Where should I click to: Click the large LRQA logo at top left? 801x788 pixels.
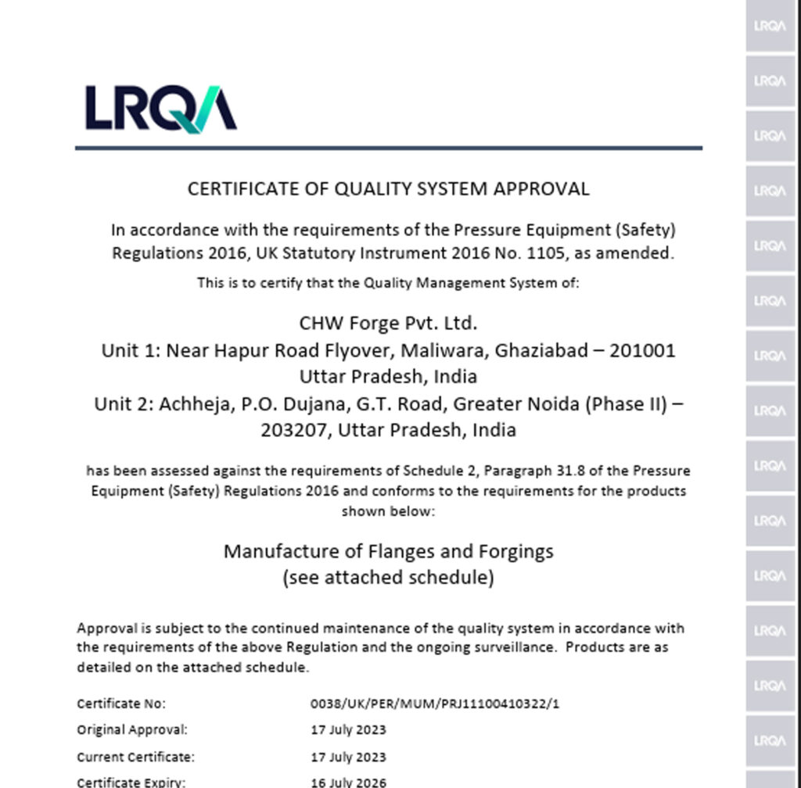(160, 108)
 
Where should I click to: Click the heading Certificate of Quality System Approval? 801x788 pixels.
(388, 188)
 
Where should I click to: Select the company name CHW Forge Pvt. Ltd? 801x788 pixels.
(388, 322)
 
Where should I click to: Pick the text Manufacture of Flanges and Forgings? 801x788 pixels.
(388, 551)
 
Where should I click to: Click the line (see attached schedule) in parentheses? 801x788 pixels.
(388, 578)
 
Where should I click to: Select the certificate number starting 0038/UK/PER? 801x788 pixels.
(435, 704)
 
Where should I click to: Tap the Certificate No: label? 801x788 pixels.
(121, 704)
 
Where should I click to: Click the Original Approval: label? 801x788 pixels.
(132, 730)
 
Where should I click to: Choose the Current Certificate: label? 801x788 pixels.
(135, 757)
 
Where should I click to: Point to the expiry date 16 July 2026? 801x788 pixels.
(348, 782)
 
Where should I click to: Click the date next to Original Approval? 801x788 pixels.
(348, 730)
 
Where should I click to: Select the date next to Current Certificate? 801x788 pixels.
(348, 757)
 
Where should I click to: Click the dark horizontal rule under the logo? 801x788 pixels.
(388, 147)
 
